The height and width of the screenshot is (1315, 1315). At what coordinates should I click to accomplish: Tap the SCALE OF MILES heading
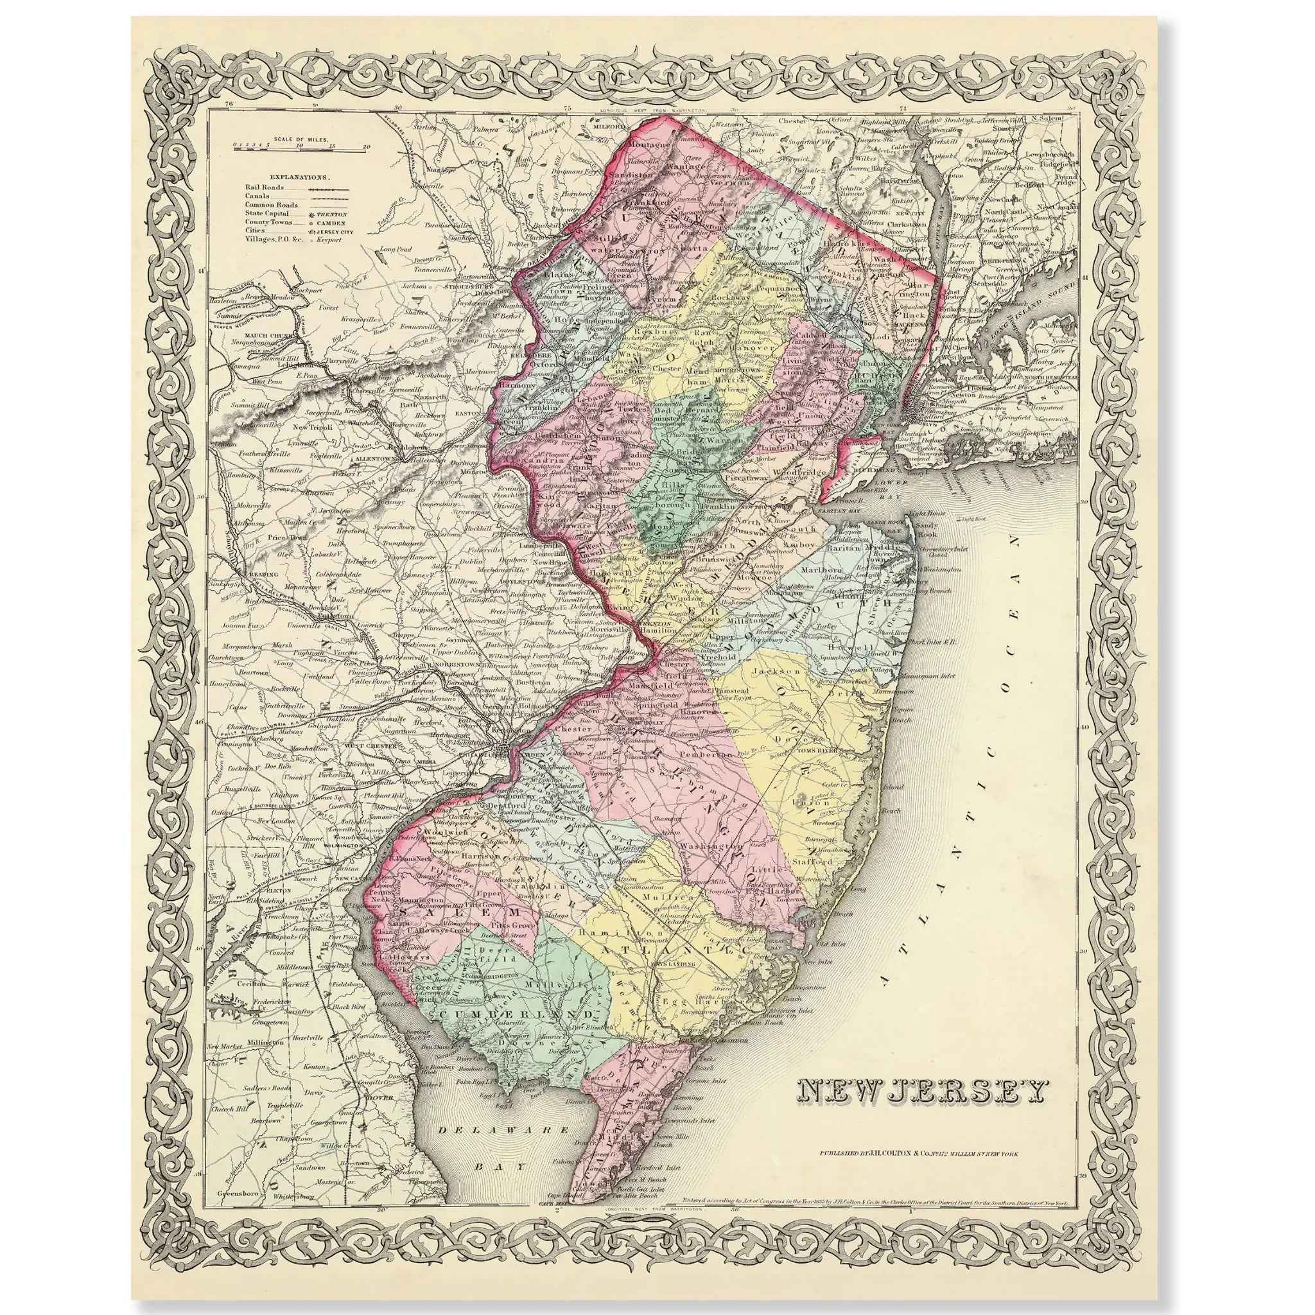(x=301, y=138)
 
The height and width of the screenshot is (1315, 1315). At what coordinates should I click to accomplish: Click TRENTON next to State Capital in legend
(x=330, y=213)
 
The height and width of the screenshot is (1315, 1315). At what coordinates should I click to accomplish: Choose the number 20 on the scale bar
(x=366, y=146)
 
